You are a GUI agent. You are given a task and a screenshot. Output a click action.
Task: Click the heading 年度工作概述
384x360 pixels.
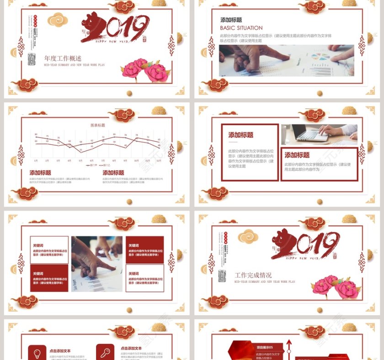[63, 58]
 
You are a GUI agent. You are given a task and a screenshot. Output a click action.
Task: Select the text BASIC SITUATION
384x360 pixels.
[241, 28]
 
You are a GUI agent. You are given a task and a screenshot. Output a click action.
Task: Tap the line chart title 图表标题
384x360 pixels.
[97, 125]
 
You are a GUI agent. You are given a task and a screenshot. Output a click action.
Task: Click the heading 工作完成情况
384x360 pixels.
[253, 275]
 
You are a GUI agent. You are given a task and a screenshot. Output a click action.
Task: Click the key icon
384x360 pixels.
[105, 352]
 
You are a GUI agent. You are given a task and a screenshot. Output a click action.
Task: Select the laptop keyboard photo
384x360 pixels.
[319, 134]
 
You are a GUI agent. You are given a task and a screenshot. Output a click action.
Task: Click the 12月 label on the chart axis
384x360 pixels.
[158, 161]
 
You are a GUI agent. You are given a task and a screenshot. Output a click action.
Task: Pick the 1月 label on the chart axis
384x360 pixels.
[36, 161]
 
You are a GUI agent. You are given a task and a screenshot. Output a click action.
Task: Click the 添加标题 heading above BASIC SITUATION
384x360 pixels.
[231, 20]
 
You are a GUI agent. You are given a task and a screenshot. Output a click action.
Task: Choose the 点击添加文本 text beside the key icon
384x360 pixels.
[131, 348]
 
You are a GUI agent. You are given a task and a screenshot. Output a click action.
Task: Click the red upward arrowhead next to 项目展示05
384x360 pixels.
[288, 342]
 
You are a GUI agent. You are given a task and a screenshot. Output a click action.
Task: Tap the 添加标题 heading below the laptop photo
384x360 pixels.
[297, 155]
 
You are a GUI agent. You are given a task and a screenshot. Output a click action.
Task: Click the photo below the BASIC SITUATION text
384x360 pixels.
[286, 60]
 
